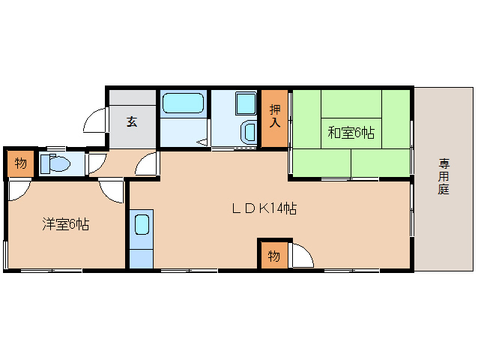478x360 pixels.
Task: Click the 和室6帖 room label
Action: pyautogui.click(x=351, y=133)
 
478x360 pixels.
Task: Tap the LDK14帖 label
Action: pyautogui.click(x=264, y=209)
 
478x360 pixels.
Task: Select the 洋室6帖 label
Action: pyautogui.click(x=65, y=223)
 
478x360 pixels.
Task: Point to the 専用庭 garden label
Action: pyautogui.click(x=444, y=176)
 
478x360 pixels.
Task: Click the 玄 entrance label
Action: pyautogui.click(x=132, y=121)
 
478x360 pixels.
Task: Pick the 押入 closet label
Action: pyautogui.click(x=274, y=117)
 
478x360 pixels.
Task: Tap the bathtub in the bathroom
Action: pyautogui.click(x=184, y=103)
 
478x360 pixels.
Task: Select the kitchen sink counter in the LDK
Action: pyautogui.click(x=141, y=237)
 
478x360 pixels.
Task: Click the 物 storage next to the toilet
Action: pyautogui.click(x=20, y=163)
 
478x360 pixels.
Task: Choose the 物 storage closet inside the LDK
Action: pyautogui.click(x=273, y=255)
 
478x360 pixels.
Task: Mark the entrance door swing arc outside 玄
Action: pyautogui.click(x=96, y=120)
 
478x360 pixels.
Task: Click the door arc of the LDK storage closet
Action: pyautogui.click(x=300, y=256)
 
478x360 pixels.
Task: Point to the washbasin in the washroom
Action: pyautogui.click(x=248, y=133)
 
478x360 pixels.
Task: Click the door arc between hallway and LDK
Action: pyautogui.click(x=149, y=164)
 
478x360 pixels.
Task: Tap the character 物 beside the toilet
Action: pyautogui.click(x=20, y=163)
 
